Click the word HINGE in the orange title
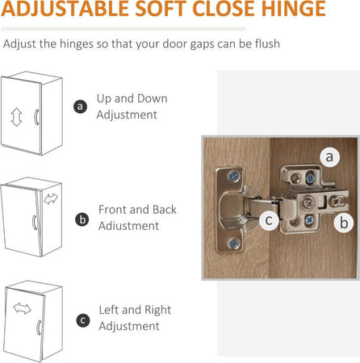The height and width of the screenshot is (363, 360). (294, 8)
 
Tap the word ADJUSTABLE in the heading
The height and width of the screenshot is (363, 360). (65, 8)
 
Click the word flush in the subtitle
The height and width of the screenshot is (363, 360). (267, 44)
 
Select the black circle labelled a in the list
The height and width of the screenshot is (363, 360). (80, 106)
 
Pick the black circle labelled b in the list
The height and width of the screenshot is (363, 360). (82, 219)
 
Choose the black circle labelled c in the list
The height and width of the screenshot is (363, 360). (83, 320)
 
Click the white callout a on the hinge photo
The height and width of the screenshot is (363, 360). (330, 156)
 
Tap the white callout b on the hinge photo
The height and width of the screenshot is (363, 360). (344, 223)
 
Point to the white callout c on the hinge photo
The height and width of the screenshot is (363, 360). (269, 220)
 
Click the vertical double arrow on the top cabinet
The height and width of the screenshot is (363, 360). (16, 117)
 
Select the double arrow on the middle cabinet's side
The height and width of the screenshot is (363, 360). (51, 198)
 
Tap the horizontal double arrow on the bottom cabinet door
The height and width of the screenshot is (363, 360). (22, 308)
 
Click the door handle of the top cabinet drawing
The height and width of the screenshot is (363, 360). (36, 117)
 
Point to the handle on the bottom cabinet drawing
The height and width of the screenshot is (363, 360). (38, 328)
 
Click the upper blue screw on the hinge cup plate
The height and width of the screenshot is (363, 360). (234, 177)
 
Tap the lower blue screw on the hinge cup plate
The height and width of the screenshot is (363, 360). (234, 244)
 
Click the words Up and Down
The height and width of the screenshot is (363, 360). (132, 98)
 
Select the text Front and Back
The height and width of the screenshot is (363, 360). (137, 210)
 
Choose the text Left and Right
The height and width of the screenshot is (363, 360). (135, 310)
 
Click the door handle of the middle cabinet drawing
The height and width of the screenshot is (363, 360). (34, 223)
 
